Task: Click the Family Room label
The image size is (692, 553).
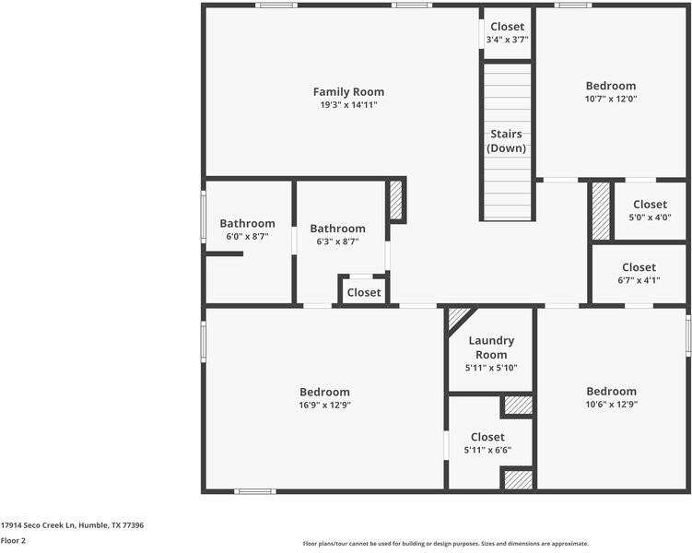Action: pos(348,92)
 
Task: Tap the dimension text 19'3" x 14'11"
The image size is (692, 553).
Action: pos(348,105)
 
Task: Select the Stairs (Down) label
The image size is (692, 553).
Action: pos(507,141)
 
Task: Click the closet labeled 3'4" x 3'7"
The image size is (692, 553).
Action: pos(507,33)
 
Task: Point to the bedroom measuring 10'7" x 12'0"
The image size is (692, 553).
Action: pos(611,92)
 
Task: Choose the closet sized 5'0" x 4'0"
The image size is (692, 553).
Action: pos(650,211)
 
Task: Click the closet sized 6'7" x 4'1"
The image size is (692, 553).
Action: pos(639,274)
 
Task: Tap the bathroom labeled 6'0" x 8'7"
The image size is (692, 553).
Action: pos(247,229)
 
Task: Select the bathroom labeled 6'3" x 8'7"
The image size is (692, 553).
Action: pos(337,234)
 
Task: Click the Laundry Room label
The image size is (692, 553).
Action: pos(491,347)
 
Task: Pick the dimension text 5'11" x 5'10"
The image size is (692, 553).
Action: pos(491,368)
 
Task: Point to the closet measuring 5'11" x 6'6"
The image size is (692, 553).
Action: pos(487,443)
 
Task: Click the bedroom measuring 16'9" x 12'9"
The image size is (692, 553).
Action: pos(324,397)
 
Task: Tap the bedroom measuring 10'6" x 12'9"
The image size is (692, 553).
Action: pos(611,397)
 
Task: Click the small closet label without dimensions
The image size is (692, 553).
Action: pos(364,292)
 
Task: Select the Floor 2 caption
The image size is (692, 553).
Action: pos(13,541)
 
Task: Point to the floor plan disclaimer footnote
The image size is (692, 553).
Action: pos(445,544)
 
